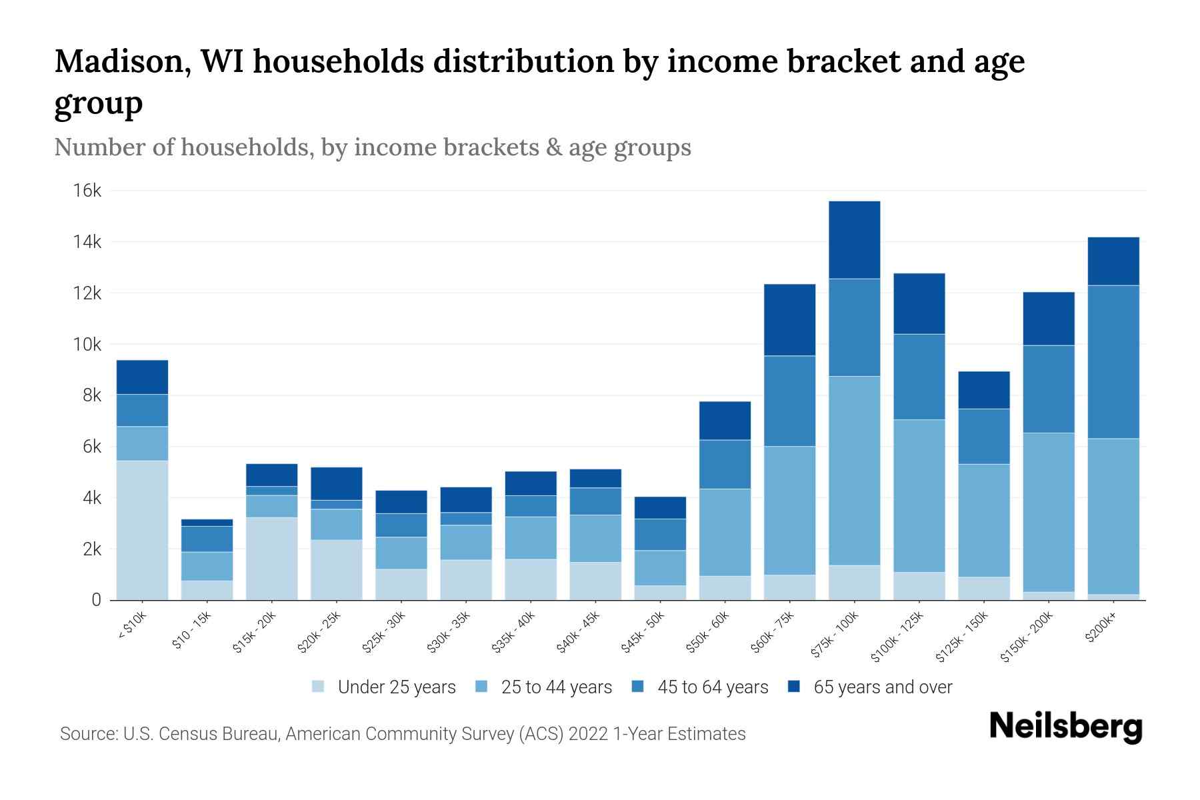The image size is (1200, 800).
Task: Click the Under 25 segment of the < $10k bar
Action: tap(142, 530)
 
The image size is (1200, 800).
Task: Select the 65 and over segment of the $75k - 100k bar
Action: tap(854, 240)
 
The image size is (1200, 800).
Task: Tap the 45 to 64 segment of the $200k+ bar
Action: tap(1113, 362)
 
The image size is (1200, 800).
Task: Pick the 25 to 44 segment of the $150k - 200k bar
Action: tap(1049, 512)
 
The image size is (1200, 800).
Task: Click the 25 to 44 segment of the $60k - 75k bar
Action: tap(789, 510)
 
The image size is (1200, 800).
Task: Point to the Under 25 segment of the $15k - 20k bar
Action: tap(271, 559)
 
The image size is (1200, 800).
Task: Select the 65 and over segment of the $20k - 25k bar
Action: tap(337, 483)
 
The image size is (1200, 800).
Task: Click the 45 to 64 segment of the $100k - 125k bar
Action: tap(919, 377)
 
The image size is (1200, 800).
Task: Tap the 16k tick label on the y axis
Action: tap(87, 191)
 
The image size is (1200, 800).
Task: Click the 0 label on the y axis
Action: tap(96, 600)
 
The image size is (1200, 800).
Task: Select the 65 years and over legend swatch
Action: tap(794, 687)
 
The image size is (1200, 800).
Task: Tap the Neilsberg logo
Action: tap(1065, 727)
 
